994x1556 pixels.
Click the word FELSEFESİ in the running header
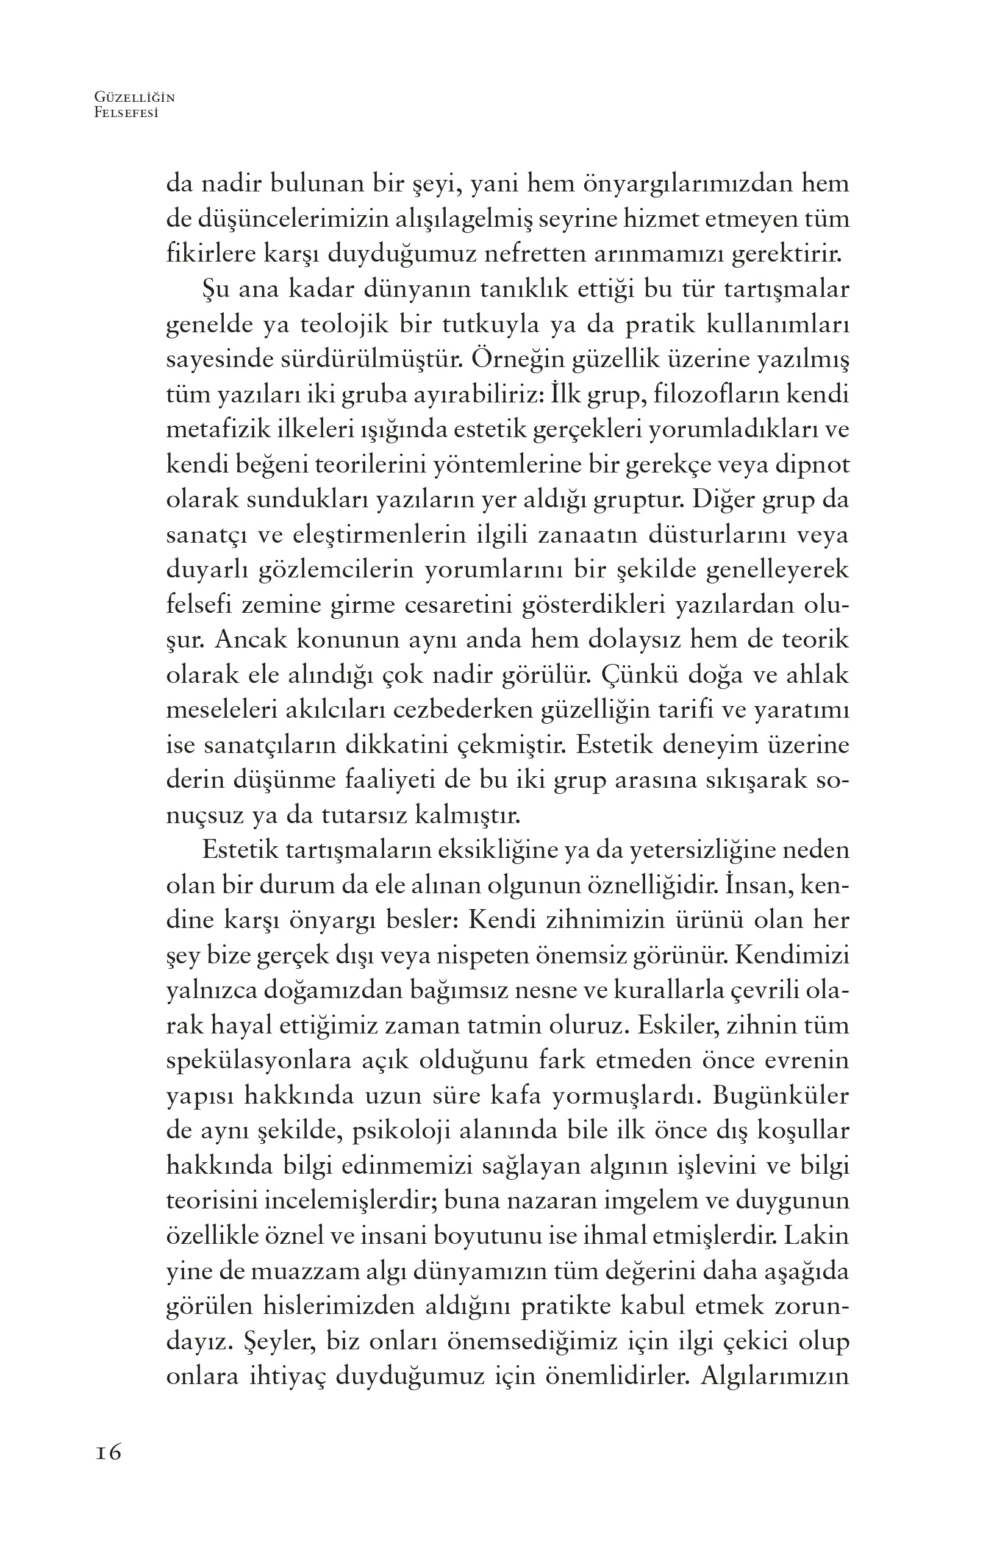[x=127, y=112]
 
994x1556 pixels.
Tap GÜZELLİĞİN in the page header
[x=134, y=98]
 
